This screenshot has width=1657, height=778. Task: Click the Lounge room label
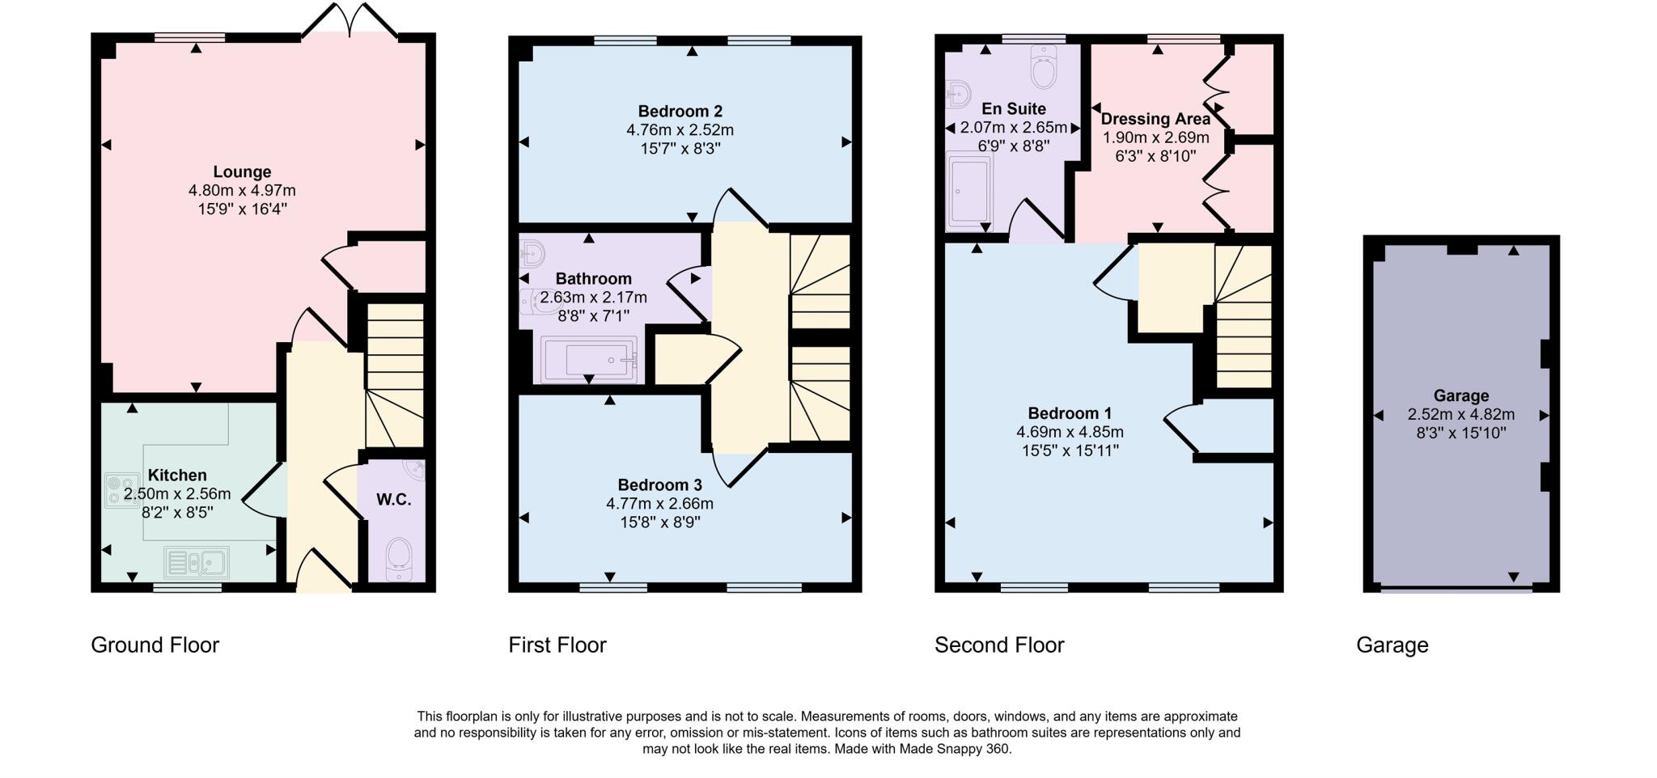[242, 171]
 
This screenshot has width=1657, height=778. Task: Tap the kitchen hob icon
[119, 490]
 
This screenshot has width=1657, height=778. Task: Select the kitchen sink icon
[197, 562]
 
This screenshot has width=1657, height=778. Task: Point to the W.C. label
[393, 500]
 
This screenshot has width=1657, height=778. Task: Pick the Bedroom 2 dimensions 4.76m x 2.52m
[680, 130]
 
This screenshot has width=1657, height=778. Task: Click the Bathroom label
[593, 279]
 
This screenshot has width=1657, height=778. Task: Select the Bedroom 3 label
[659, 485]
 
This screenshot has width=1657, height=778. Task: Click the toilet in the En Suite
[1045, 68]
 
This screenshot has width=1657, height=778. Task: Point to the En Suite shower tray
[968, 190]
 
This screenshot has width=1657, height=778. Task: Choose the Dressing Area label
[1155, 119]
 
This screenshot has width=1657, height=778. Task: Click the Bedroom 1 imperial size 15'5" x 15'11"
[1070, 450]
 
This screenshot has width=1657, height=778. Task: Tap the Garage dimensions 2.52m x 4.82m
[1460, 414]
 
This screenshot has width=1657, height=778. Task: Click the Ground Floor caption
[155, 645]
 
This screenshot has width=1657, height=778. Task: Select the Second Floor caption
[998, 645]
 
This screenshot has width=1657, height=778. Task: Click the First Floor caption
[557, 645]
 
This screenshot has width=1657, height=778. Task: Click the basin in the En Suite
[958, 95]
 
